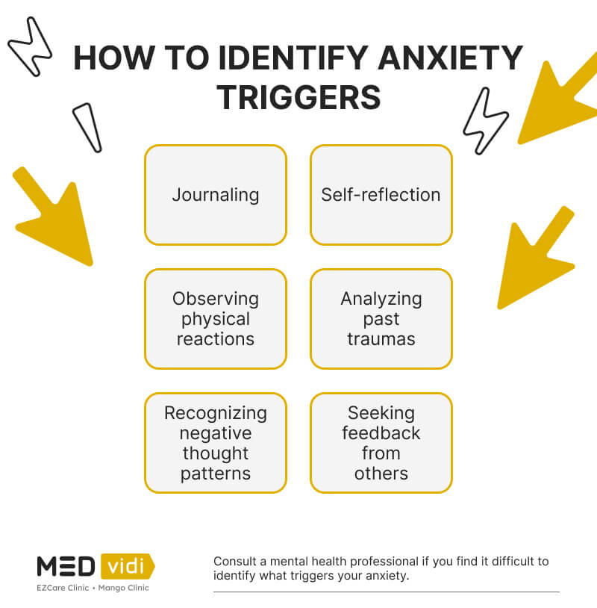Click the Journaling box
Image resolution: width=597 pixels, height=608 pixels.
tap(215, 195)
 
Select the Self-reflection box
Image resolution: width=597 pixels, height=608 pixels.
tap(381, 195)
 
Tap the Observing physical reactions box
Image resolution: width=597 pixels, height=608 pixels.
tap(215, 319)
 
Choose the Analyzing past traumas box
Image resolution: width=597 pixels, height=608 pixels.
tap(381, 319)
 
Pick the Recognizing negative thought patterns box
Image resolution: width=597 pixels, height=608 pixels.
tap(215, 443)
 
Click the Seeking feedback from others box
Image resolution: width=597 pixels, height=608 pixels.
tap(381, 443)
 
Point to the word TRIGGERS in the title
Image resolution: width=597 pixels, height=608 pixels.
tap(298, 97)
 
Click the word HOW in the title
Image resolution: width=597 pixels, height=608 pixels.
tap(113, 58)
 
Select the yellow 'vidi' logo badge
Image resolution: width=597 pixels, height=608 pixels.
tap(127, 565)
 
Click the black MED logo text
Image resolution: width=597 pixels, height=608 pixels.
tap(66, 565)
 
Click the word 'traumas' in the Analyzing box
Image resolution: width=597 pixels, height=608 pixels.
tap(381, 338)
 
